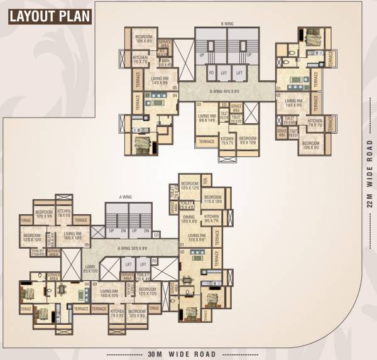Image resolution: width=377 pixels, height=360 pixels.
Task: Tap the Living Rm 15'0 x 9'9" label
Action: click(x=197, y=237)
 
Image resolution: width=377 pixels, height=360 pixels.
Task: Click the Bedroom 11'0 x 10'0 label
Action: click(x=213, y=200)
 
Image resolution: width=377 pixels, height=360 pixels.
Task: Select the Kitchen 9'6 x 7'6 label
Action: click(x=211, y=219)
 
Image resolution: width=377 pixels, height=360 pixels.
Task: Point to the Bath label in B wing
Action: click(x=165, y=63)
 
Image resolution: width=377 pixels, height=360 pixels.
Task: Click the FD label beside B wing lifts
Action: click(x=211, y=73)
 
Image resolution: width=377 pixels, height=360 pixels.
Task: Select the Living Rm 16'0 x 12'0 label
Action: click(x=73, y=236)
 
